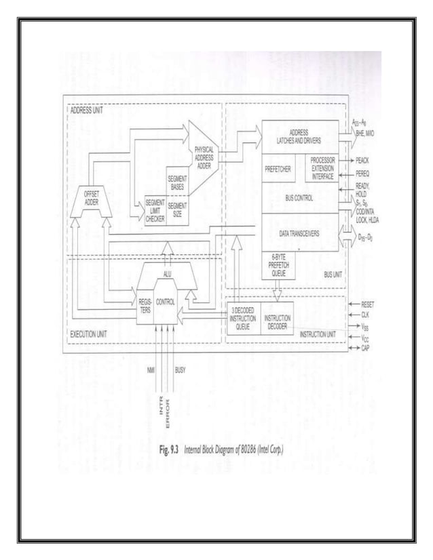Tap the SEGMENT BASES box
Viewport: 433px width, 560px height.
point(178,180)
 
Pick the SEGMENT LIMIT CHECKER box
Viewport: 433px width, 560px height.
point(155,209)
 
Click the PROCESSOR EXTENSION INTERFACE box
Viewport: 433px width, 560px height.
point(322,169)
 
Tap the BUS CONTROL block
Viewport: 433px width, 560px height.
point(299,197)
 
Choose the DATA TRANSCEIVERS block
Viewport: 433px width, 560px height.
point(299,233)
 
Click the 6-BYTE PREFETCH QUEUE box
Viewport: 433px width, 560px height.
point(277,264)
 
